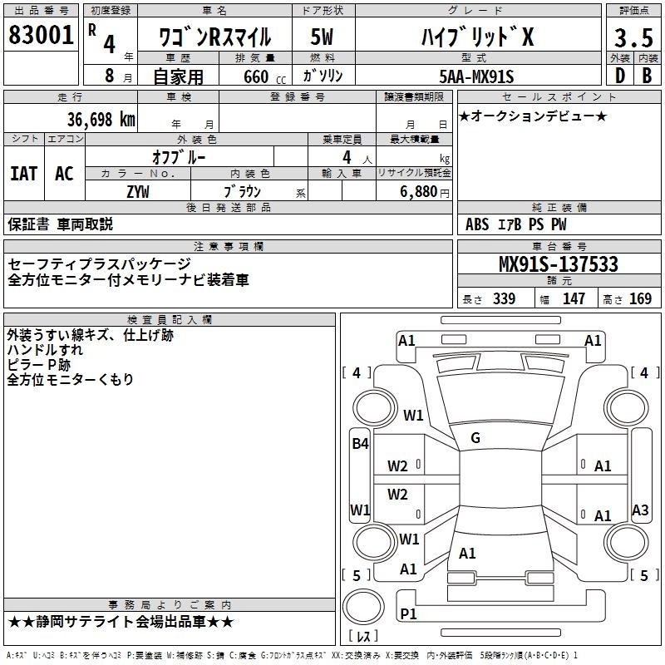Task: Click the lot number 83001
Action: click(x=41, y=35)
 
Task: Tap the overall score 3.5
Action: click(x=633, y=37)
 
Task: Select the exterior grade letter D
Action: click(x=619, y=76)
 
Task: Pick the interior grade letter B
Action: click(x=647, y=76)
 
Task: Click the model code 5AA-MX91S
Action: click(x=476, y=76)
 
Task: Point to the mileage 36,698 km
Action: click(x=101, y=120)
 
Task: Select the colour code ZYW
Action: click(x=138, y=192)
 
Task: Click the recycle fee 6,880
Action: click(x=418, y=192)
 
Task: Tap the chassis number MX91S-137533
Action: click(x=559, y=264)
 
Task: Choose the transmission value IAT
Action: click(x=24, y=174)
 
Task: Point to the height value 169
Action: click(x=640, y=298)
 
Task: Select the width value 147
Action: click(x=574, y=298)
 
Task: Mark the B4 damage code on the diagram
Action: click(x=360, y=444)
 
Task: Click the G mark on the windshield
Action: click(x=475, y=438)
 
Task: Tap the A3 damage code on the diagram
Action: click(x=640, y=510)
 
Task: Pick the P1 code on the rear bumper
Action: click(x=408, y=613)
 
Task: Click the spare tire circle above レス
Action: click(x=363, y=607)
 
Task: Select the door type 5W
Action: click(x=322, y=37)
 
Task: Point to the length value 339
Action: click(x=505, y=298)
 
